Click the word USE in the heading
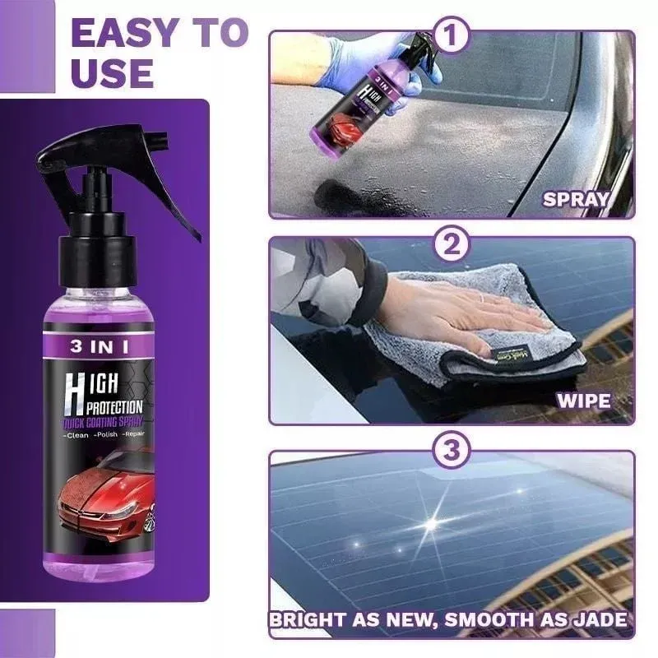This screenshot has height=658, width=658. point(112,72)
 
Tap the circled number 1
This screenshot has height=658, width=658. point(452,36)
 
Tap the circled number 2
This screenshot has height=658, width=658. point(452,244)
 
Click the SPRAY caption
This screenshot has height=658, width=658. point(576,198)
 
